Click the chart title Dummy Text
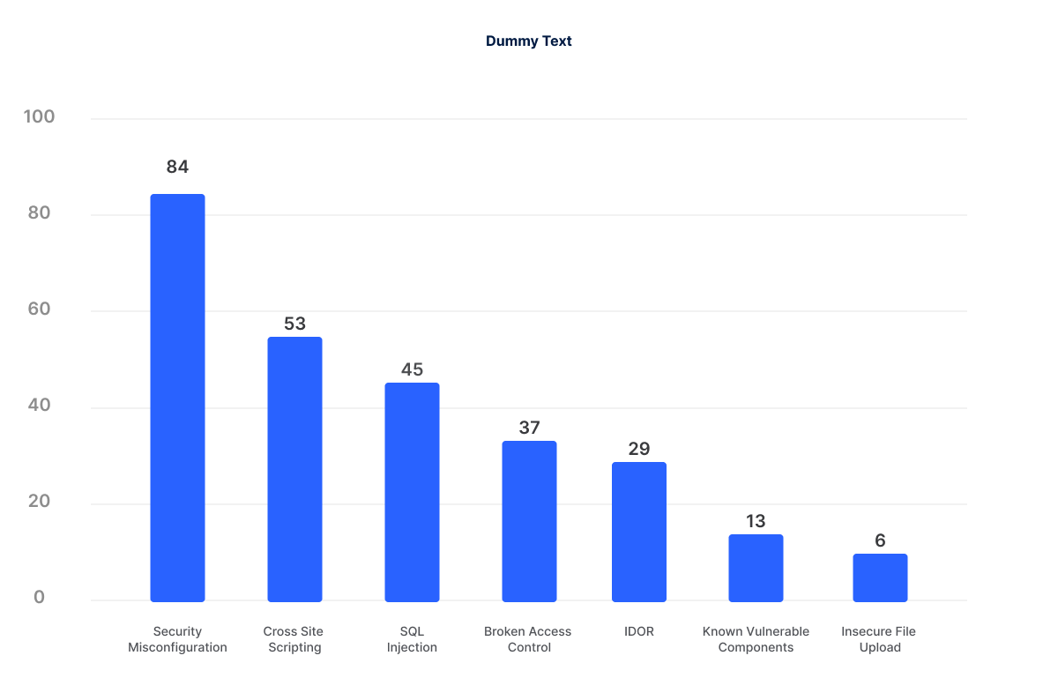click(528, 41)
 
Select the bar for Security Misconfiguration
click(177, 398)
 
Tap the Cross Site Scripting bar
click(294, 469)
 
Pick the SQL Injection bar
click(412, 492)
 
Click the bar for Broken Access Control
click(529, 521)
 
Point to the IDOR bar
click(639, 532)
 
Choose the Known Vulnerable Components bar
click(756, 568)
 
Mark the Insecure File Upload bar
click(880, 577)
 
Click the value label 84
click(177, 167)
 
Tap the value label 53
click(294, 324)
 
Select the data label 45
click(412, 369)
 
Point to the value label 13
click(756, 521)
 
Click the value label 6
click(880, 540)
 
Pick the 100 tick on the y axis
click(39, 117)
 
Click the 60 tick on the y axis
click(39, 309)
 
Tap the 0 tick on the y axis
click(39, 598)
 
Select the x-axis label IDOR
click(639, 631)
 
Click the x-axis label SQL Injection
click(412, 639)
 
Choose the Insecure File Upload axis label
click(880, 639)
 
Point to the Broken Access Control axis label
click(528, 639)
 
